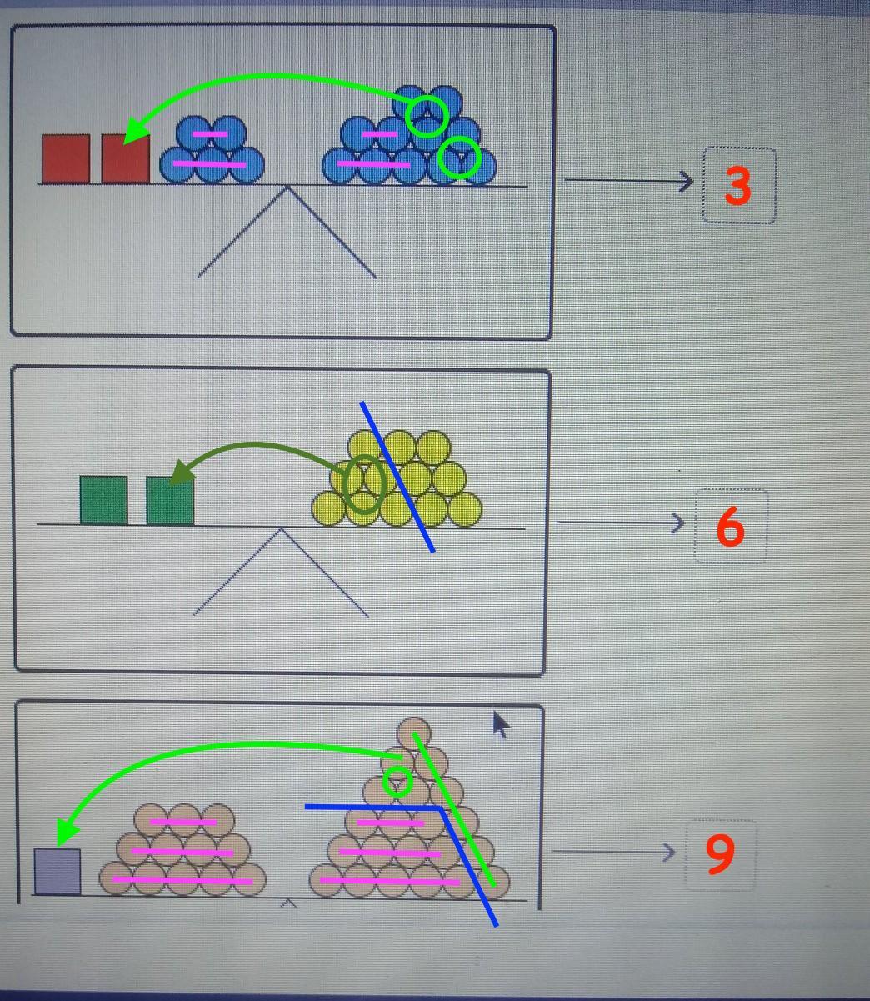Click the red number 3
click(x=737, y=185)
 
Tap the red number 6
click(x=730, y=527)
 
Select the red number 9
click(x=720, y=854)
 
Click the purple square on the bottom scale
click(x=57, y=871)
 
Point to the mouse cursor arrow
click(x=502, y=725)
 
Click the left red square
click(x=66, y=159)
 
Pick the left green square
click(x=103, y=500)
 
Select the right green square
click(x=170, y=501)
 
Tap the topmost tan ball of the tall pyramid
click(x=413, y=733)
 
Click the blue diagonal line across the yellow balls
click(x=397, y=477)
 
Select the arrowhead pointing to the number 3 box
click(x=687, y=181)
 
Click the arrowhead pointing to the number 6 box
click(x=679, y=523)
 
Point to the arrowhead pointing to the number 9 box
click(x=669, y=853)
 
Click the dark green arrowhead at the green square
click(x=182, y=472)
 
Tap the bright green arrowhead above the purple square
click(x=66, y=833)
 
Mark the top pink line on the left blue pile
click(x=210, y=133)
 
